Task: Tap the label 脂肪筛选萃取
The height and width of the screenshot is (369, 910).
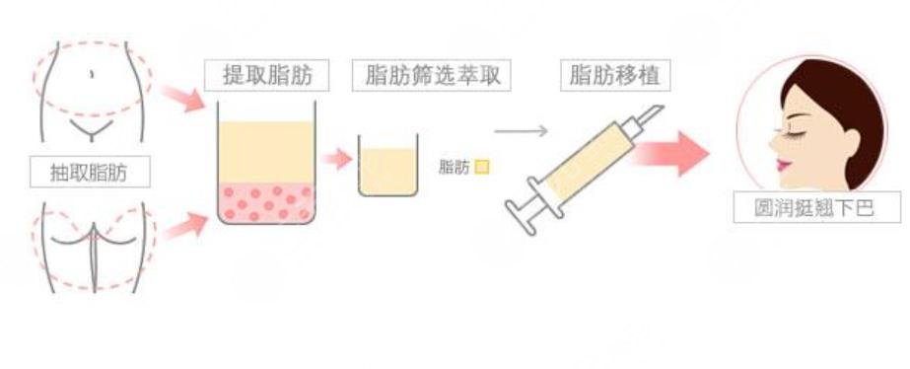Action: tap(431, 75)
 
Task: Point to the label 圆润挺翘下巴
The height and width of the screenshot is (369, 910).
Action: tap(817, 207)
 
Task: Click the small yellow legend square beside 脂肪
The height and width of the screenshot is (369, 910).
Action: tap(482, 167)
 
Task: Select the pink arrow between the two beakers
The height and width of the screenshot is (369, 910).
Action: tap(338, 159)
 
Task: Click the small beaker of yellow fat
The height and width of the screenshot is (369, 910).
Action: tap(388, 170)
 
